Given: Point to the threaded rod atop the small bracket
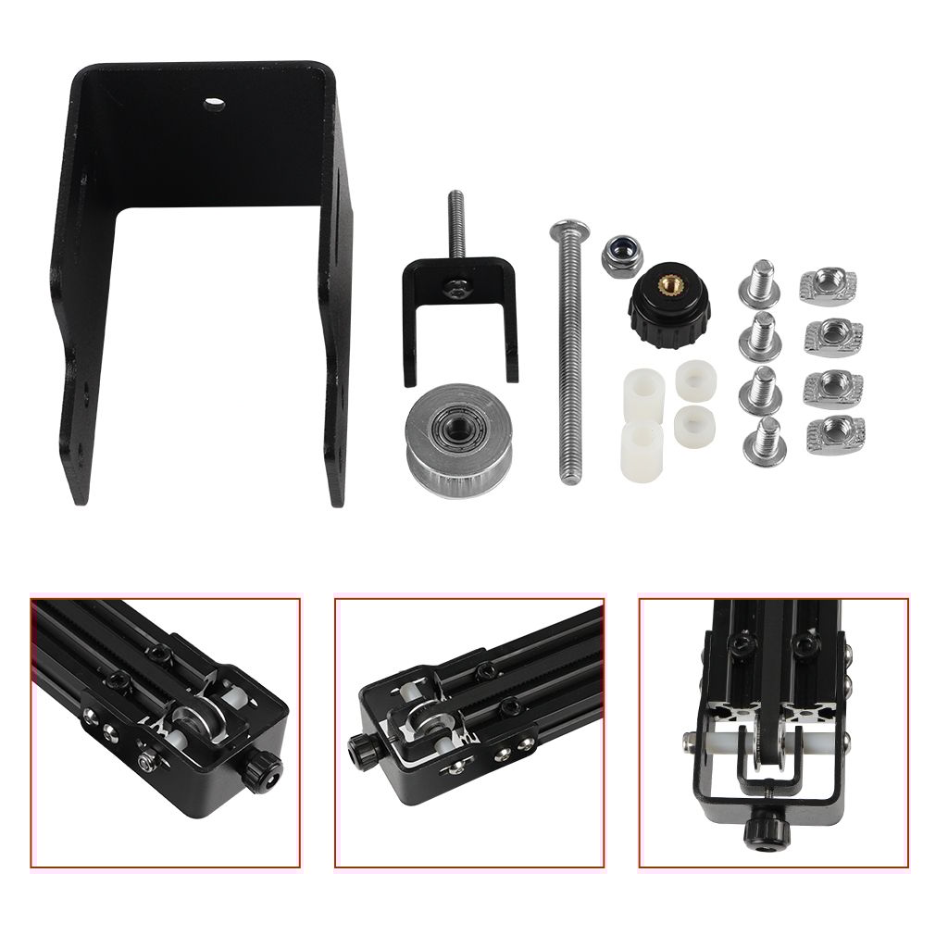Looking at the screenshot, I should (455, 227).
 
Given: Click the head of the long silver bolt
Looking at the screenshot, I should (563, 230).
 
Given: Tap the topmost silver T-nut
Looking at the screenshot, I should (829, 284).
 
